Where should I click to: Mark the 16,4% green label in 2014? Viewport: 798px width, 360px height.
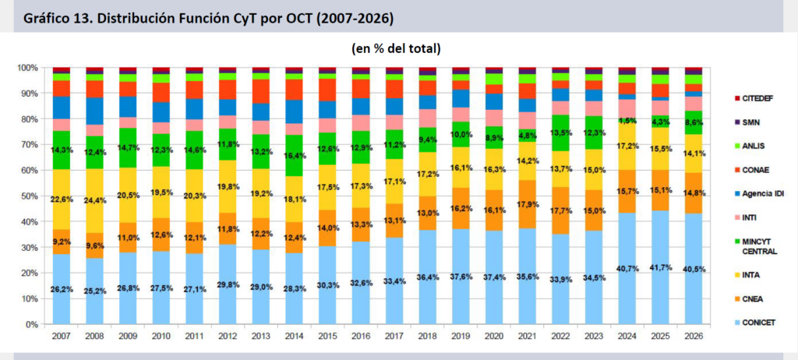point(295,155)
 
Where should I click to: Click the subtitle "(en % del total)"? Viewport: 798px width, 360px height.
point(397,48)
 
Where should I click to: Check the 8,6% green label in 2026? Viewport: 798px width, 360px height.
point(693,123)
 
